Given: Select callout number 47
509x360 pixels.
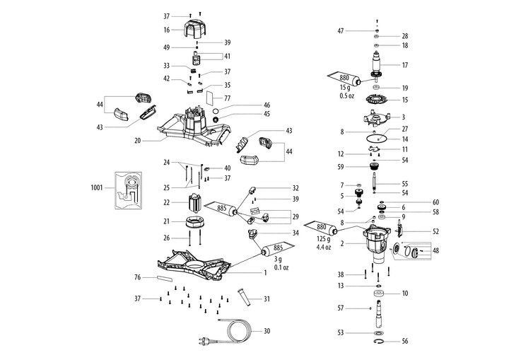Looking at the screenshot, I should click(x=341, y=31).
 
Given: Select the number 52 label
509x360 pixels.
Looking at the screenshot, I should click(x=435, y=231).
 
